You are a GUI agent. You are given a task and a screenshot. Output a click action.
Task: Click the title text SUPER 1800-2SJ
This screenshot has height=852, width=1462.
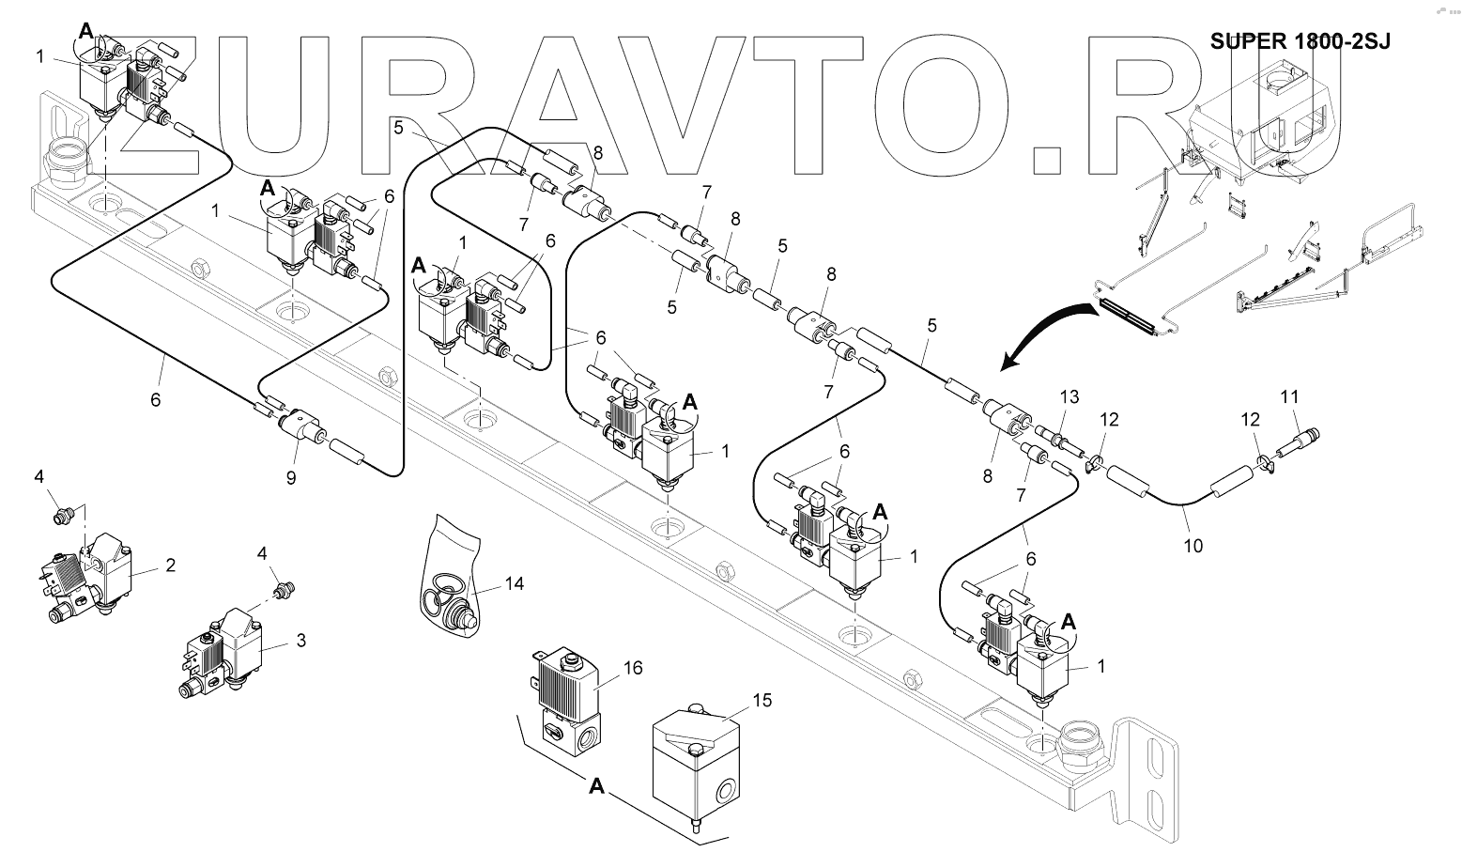pyautogui.click(x=1300, y=41)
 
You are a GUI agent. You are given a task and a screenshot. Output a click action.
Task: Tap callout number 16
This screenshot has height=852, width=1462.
pyautogui.click(x=633, y=668)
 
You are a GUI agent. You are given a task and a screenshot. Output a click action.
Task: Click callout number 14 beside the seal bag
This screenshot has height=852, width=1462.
pyautogui.click(x=514, y=583)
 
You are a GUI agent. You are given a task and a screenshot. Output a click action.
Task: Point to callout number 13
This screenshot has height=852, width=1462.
pyautogui.click(x=1071, y=396)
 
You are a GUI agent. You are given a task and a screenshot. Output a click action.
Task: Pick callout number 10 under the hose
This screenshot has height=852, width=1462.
pyautogui.click(x=1193, y=545)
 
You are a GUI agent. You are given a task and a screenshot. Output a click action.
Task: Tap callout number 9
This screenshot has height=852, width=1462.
pyautogui.click(x=291, y=477)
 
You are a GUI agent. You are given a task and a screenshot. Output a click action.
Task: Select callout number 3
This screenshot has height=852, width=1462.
pyautogui.click(x=300, y=641)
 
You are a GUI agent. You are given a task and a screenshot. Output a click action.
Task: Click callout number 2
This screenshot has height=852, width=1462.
pyautogui.click(x=170, y=565)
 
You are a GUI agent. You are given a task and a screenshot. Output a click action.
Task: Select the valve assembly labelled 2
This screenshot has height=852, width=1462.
pyautogui.click(x=89, y=578)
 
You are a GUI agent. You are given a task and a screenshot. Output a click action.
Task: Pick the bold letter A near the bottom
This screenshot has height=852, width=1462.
pyautogui.click(x=596, y=787)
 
